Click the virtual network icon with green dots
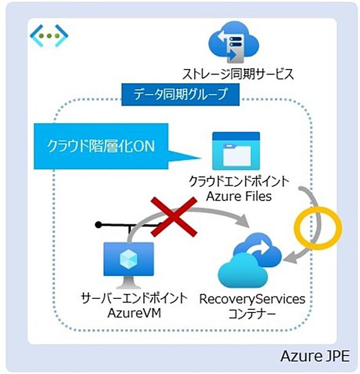click(49, 36)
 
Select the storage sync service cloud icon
click(233, 42)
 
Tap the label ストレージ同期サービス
click(238, 74)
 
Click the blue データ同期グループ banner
click(181, 94)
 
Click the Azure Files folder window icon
click(236, 151)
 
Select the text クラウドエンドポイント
click(239, 181)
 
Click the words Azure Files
click(239, 197)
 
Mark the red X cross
click(174, 217)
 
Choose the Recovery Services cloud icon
click(249, 260)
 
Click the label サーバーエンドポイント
click(134, 298)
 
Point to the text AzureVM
click(135, 312)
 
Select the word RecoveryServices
click(252, 299)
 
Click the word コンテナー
click(252, 314)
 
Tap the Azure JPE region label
click(315, 356)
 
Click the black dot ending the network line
click(98, 225)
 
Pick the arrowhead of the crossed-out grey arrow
click(243, 220)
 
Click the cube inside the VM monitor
click(128, 259)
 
